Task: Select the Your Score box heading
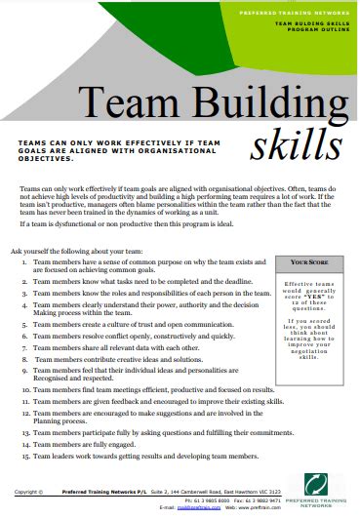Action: [311, 263]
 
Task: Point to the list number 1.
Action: [23, 263]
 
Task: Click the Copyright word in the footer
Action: [28, 493]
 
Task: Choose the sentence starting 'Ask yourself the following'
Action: [77, 250]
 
